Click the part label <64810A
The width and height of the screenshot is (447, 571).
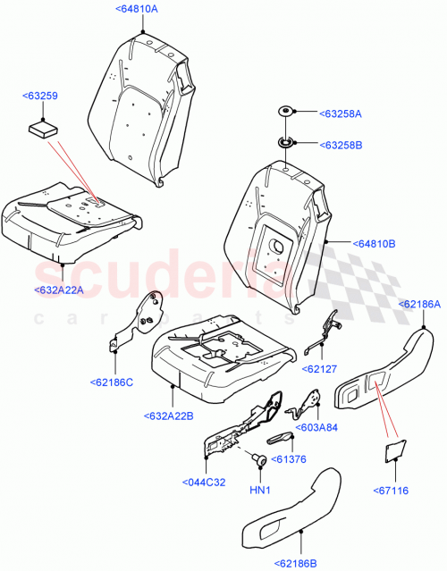pyautogui.click(x=137, y=8)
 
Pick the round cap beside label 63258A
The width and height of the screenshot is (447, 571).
pyautogui.click(x=286, y=112)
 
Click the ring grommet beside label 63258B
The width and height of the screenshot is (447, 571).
pyautogui.click(x=286, y=141)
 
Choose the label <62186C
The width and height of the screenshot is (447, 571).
pyautogui.click(x=112, y=382)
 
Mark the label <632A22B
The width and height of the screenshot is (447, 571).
pyautogui.click(x=170, y=416)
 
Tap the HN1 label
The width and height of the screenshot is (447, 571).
pyautogui.click(x=260, y=491)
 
